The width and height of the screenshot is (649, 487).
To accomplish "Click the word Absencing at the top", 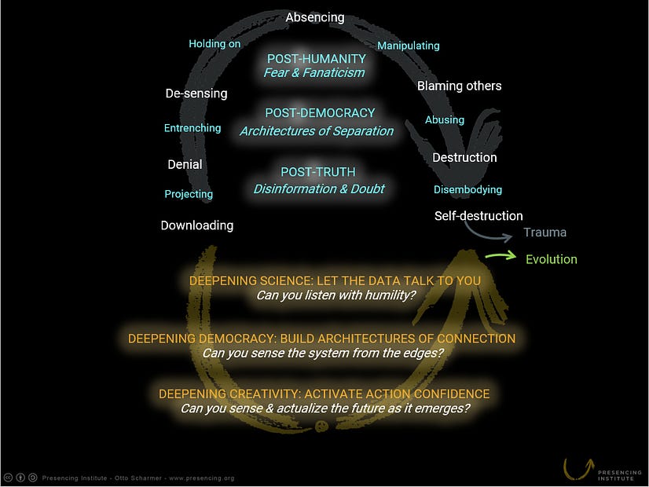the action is pyautogui.click(x=315, y=17).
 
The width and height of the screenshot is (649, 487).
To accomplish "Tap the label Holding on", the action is pyautogui.click(x=214, y=44).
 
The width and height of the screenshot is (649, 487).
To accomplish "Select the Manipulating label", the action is pyautogui.click(x=408, y=46).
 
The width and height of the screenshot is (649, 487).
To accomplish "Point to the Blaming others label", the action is pyautogui.click(x=459, y=86).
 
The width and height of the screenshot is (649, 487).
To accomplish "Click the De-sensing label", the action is pyautogui.click(x=196, y=93).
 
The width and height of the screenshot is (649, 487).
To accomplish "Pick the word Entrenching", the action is pyautogui.click(x=192, y=128).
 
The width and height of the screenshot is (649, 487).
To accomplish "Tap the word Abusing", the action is pyautogui.click(x=445, y=120).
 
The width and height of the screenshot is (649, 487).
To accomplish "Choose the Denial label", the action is pyautogui.click(x=185, y=165).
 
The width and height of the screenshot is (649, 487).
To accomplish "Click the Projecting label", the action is pyautogui.click(x=189, y=194).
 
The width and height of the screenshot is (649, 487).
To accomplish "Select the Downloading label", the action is pyautogui.click(x=197, y=225).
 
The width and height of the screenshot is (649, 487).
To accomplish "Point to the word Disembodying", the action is pyautogui.click(x=467, y=189).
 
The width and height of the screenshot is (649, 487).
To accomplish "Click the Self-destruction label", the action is pyautogui.click(x=478, y=216).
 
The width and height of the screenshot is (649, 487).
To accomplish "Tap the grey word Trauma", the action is pyautogui.click(x=545, y=233).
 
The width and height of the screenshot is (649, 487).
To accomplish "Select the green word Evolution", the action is pyautogui.click(x=552, y=259).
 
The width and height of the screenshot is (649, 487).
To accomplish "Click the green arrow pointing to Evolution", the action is pyautogui.click(x=500, y=256).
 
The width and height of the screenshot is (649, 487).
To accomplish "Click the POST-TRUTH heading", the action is pyautogui.click(x=318, y=172).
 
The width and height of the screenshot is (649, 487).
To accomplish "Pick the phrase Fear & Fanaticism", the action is pyautogui.click(x=315, y=73).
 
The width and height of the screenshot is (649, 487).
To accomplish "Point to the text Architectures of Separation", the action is pyautogui.click(x=317, y=131).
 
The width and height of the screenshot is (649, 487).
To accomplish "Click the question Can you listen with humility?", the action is pyautogui.click(x=335, y=295).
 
